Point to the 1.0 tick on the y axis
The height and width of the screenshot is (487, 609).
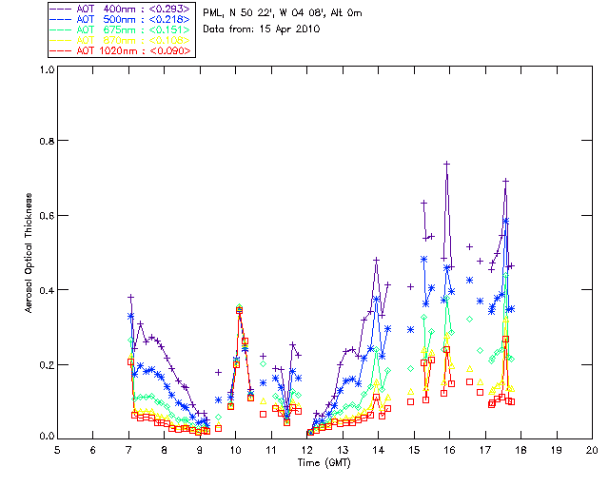[x=46, y=69]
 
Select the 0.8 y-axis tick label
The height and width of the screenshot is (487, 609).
[x=46, y=141]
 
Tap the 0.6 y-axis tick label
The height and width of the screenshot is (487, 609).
[x=46, y=215]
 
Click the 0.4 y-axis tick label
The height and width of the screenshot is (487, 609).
[x=46, y=290]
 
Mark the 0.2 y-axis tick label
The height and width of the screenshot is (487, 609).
[x=46, y=364]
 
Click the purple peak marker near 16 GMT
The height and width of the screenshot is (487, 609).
[x=446, y=164]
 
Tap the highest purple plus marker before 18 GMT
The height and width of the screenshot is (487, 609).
[x=506, y=181]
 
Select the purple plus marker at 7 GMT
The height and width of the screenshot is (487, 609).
[x=131, y=297]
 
